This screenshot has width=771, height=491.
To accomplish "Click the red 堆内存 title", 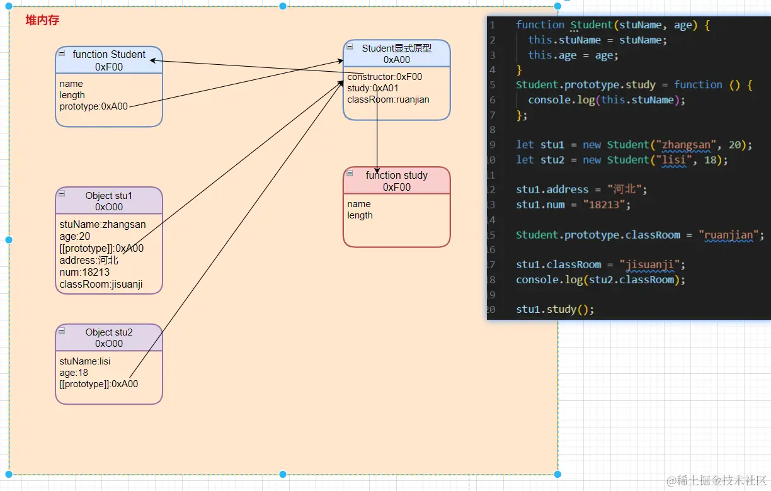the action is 42,20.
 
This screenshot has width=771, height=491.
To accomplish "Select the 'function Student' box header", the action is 109,60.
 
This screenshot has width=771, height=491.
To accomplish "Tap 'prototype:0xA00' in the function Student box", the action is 93,106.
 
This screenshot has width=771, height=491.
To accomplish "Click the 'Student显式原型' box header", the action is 396,54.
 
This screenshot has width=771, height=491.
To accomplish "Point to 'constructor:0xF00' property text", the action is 384,77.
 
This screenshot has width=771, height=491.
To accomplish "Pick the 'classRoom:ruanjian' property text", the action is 388,99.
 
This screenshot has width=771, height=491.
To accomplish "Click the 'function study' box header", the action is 396,181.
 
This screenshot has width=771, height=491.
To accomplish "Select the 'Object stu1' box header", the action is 109,201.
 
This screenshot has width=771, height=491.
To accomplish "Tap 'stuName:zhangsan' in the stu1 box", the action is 103,224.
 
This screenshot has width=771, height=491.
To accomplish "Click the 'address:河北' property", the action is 89,260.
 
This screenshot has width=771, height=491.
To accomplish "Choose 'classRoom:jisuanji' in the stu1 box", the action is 101,284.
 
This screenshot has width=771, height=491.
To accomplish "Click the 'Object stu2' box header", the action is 109,337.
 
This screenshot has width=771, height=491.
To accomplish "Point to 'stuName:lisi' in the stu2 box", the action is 84,361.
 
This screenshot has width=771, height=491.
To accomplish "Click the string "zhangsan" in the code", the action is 686,145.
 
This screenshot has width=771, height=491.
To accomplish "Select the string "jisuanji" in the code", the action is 649,264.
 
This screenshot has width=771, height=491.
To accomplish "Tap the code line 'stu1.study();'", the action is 555,309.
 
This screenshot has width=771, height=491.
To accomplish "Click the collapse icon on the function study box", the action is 350,173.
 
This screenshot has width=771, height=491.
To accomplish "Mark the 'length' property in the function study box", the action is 360,215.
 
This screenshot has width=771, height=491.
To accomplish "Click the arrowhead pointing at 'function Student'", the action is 153,60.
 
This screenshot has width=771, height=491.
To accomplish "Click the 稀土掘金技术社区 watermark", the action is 717,480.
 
